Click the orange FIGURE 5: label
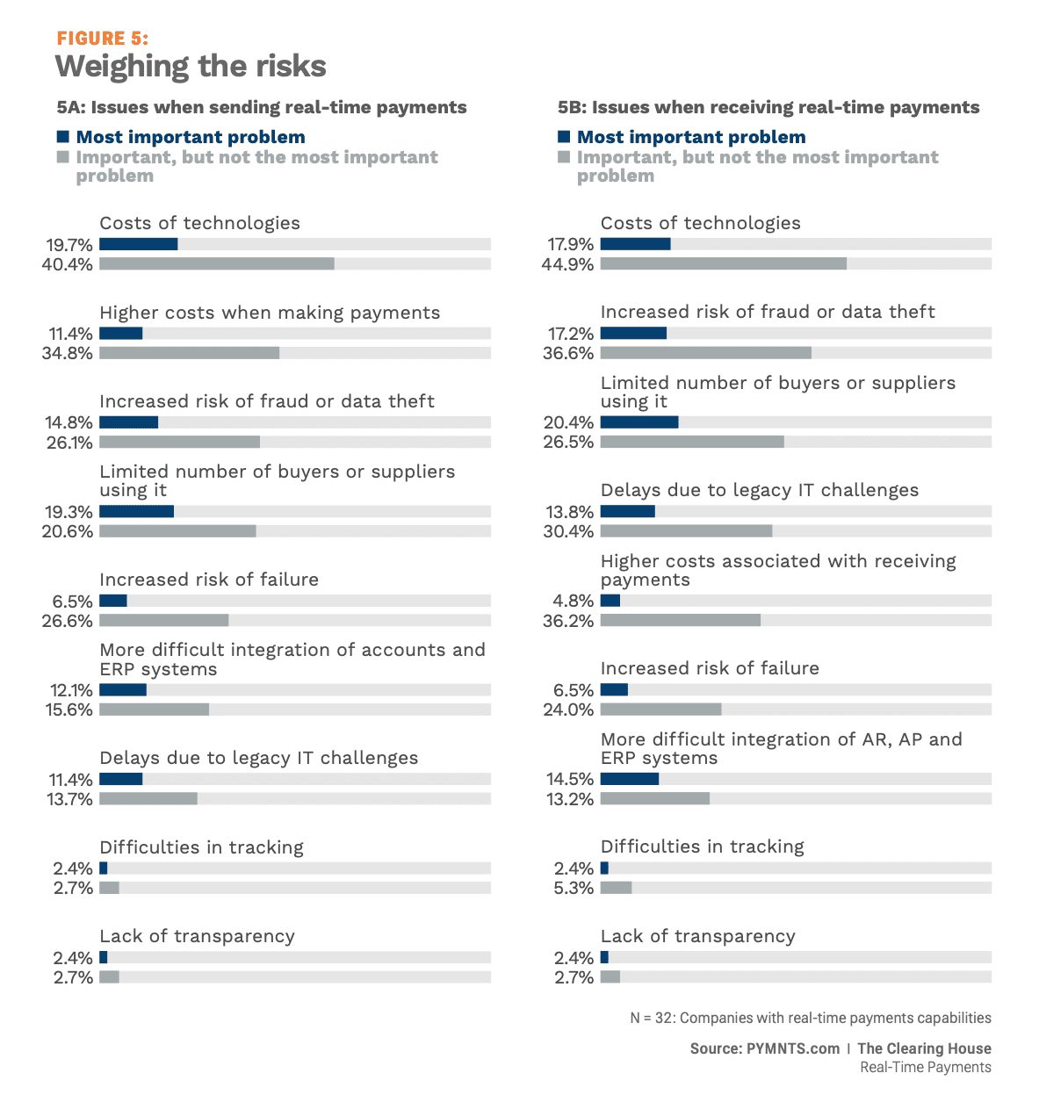click(103, 39)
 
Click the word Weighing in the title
click(122, 67)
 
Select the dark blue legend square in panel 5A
click(63, 136)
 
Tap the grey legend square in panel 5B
click(563, 156)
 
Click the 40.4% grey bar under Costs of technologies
click(217, 263)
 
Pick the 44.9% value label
click(567, 264)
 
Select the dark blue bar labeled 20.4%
click(639, 421)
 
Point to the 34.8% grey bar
click(190, 353)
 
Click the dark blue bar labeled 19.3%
click(136, 511)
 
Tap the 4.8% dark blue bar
click(610, 600)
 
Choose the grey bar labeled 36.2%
click(681, 620)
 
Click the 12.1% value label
click(71, 690)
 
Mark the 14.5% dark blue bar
click(630, 778)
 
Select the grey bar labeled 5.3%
click(617, 887)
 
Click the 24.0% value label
click(568, 710)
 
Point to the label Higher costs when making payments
click(270, 313)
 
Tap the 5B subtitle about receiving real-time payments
click(768, 107)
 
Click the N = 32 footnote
click(811, 1018)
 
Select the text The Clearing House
click(924, 1048)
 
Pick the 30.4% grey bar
click(686, 530)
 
